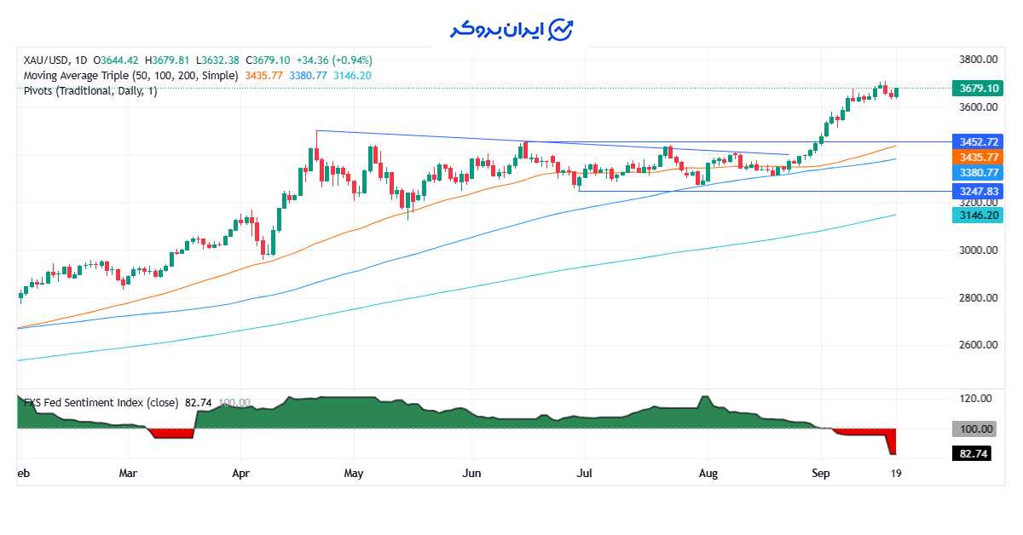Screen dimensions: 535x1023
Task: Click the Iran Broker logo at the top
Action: coord(512,29)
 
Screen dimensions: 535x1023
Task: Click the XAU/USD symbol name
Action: coord(47,60)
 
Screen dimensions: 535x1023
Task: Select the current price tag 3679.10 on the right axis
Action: coord(979,89)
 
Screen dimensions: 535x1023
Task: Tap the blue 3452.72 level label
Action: coord(979,141)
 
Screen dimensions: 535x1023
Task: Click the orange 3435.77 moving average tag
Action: coord(979,158)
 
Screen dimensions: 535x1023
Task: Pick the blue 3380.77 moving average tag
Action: coord(979,173)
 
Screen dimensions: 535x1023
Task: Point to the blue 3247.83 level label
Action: coord(979,192)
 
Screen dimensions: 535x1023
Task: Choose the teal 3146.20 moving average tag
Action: coord(979,216)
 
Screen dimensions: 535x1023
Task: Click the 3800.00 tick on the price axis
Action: coord(978,60)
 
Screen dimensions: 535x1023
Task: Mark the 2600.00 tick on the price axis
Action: coord(978,345)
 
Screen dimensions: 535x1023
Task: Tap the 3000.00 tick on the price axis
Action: coord(978,250)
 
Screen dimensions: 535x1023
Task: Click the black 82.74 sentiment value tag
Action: coord(973,454)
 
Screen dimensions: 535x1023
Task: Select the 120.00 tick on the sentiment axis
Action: coord(975,399)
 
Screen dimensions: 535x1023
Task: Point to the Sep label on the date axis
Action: coord(821,473)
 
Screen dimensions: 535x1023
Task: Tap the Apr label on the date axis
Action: coord(241,473)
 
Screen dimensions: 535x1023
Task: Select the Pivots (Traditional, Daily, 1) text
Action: coord(90,91)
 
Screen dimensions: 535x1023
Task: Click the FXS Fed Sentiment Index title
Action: coord(101,403)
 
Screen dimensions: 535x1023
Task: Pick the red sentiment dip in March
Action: coord(171,434)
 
